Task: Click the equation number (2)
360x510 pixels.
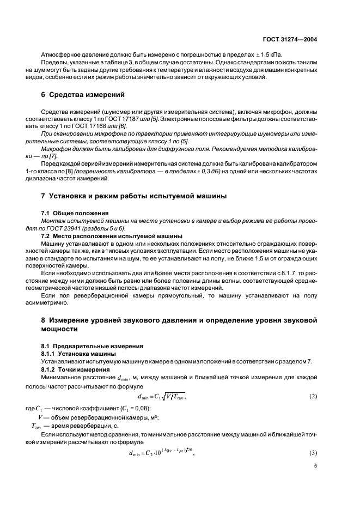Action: click(x=313, y=396)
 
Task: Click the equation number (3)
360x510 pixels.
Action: click(x=313, y=438)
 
